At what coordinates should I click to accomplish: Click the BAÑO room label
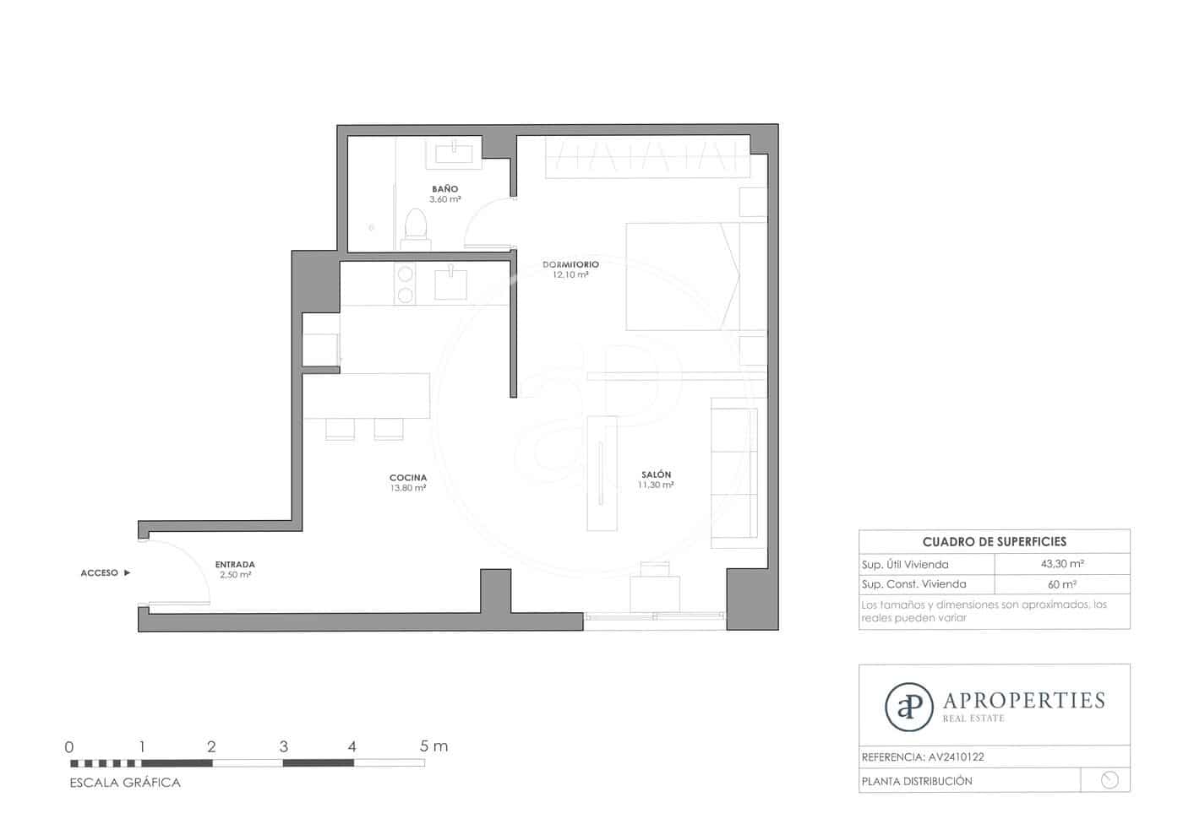click(x=444, y=189)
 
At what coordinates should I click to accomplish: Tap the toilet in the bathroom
click(x=416, y=226)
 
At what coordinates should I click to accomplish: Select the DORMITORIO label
click(x=570, y=264)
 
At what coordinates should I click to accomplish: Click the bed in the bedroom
click(x=683, y=276)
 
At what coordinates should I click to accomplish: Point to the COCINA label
click(x=408, y=478)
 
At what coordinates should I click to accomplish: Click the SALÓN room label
click(x=656, y=474)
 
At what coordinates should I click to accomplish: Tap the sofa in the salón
click(x=733, y=470)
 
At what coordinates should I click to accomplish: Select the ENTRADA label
click(x=235, y=564)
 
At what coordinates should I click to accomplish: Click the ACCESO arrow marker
click(x=127, y=572)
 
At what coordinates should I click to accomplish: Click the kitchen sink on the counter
click(x=450, y=284)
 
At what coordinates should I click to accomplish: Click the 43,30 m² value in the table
click(x=1062, y=564)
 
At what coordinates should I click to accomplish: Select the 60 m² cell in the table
click(x=1062, y=584)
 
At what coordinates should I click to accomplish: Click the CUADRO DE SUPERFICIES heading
click(x=994, y=541)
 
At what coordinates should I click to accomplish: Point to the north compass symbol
click(x=1109, y=780)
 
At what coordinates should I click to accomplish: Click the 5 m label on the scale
click(x=433, y=746)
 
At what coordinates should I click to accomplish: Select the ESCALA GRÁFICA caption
click(x=125, y=783)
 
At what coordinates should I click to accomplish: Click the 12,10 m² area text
click(x=570, y=275)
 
